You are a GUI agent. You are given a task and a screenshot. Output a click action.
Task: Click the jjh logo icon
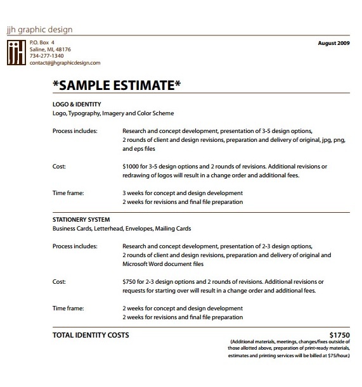click(x=16, y=53)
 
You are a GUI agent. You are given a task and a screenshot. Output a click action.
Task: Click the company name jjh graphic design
click(x=39, y=29)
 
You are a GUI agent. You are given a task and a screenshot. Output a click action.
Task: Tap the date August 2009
click(x=333, y=44)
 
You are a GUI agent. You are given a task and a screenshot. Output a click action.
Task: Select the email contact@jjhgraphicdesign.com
click(x=65, y=63)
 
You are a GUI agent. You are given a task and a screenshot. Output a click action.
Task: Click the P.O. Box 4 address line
click(x=42, y=42)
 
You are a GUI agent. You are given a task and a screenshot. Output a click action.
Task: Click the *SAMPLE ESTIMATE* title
click(x=117, y=84)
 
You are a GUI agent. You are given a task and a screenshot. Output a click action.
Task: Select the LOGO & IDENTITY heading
click(x=77, y=103)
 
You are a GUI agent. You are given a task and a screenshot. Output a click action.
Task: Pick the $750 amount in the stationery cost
click(x=129, y=281)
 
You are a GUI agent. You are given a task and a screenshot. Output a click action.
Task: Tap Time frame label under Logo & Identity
click(x=68, y=193)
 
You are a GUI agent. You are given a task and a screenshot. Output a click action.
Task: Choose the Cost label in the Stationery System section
click(x=58, y=281)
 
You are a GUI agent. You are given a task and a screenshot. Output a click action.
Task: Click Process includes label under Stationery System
click(x=75, y=246)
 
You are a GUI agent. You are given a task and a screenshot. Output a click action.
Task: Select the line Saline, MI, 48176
click(x=50, y=49)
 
